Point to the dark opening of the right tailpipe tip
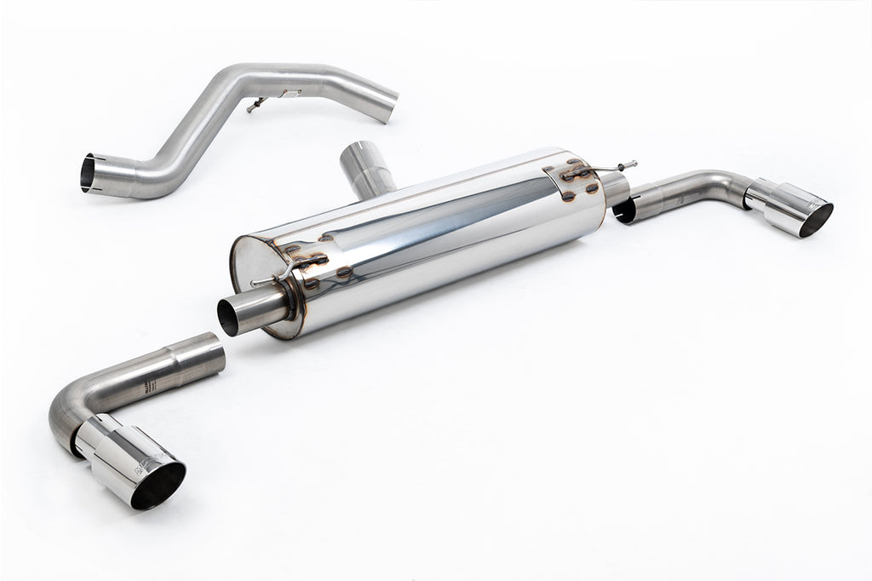click(x=816, y=219)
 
